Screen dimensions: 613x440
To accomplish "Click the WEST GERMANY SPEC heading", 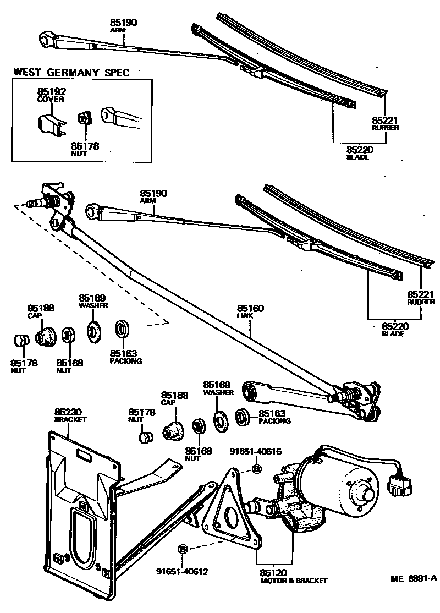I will click(x=71, y=72).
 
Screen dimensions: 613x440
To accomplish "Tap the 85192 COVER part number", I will click(x=50, y=95).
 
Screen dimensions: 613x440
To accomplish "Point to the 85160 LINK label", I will click(x=250, y=312).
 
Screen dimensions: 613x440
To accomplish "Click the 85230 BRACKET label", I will click(x=70, y=415).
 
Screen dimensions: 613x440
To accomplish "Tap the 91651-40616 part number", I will click(x=256, y=452).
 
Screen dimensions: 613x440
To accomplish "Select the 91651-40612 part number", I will click(x=182, y=571).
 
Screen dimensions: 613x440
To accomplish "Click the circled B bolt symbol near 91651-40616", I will click(x=256, y=468).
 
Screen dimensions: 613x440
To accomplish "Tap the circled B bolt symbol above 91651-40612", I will click(x=183, y=549).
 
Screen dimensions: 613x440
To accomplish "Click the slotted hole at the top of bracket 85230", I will click(x=86, y=455).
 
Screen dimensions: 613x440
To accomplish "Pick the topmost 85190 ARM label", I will click(x=123, y=25).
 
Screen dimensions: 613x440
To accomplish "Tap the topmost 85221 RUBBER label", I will click(x=385, y=123).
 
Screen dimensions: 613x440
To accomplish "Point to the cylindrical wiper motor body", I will click(x=341, y=484).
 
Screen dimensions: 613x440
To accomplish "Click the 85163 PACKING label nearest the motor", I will click(x=274, y=417).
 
